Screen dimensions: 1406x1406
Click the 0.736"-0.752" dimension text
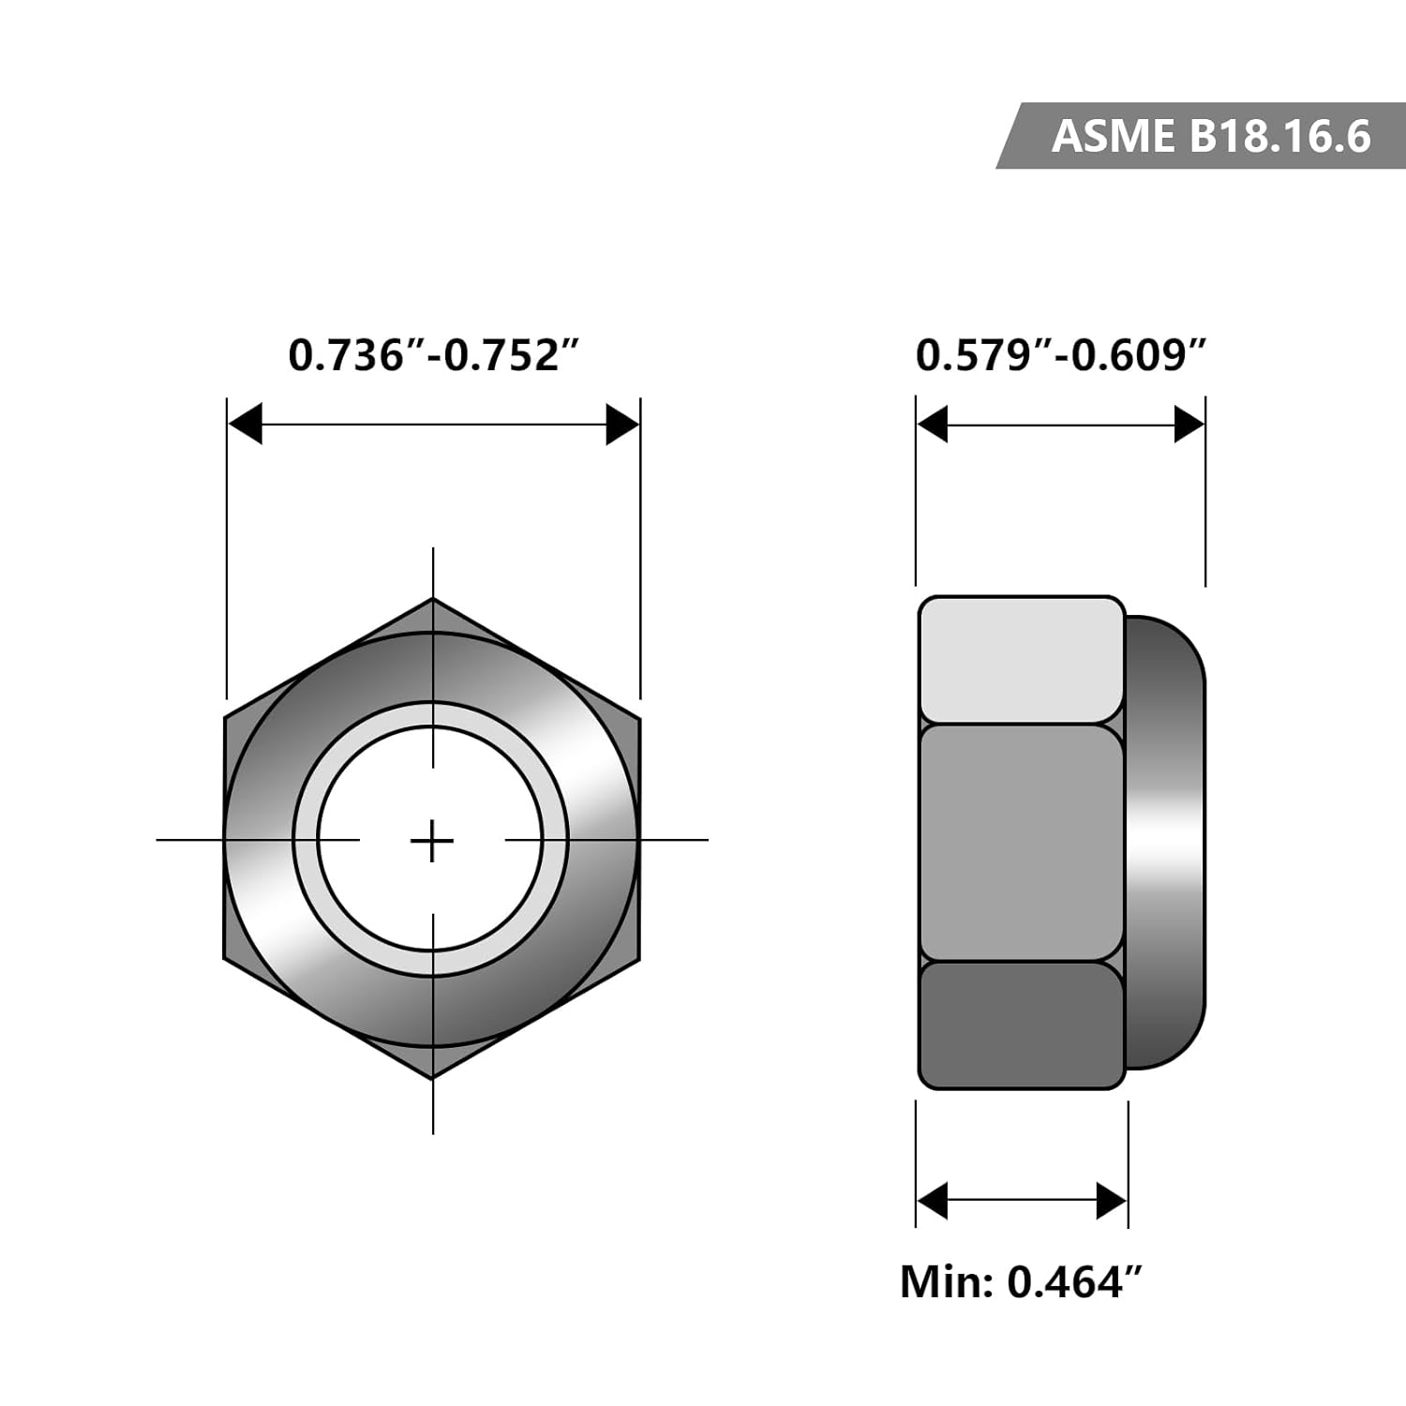tap(434, 355)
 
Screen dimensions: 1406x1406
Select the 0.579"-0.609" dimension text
tap(1060, 355)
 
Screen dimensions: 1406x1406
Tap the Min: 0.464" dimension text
tap(1021, 1281)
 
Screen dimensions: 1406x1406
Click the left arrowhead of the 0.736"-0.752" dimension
tap(245, 425)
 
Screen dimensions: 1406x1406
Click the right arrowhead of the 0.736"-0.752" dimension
tap(622, 425)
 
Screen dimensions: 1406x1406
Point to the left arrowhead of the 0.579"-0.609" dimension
tap(933, 425)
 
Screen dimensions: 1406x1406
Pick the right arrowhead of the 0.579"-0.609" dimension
tap(1189, 425)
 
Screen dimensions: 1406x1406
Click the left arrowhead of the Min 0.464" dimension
tap(933, 1201)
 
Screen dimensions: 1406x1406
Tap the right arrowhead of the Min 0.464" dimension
tap(1112, 1201)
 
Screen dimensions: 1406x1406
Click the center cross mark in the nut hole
tap(432, 840)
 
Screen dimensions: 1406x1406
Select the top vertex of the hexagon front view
tap(432, 600)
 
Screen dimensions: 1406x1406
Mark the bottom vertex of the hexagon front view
tap(432, 1077)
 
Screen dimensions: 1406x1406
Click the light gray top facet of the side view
tap(1021, 660)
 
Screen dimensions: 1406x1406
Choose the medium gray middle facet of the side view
tap(1021, 842)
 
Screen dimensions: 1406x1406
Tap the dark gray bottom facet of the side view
tap(1021, 1025)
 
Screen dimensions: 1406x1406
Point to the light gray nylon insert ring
tap(306, 840)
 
